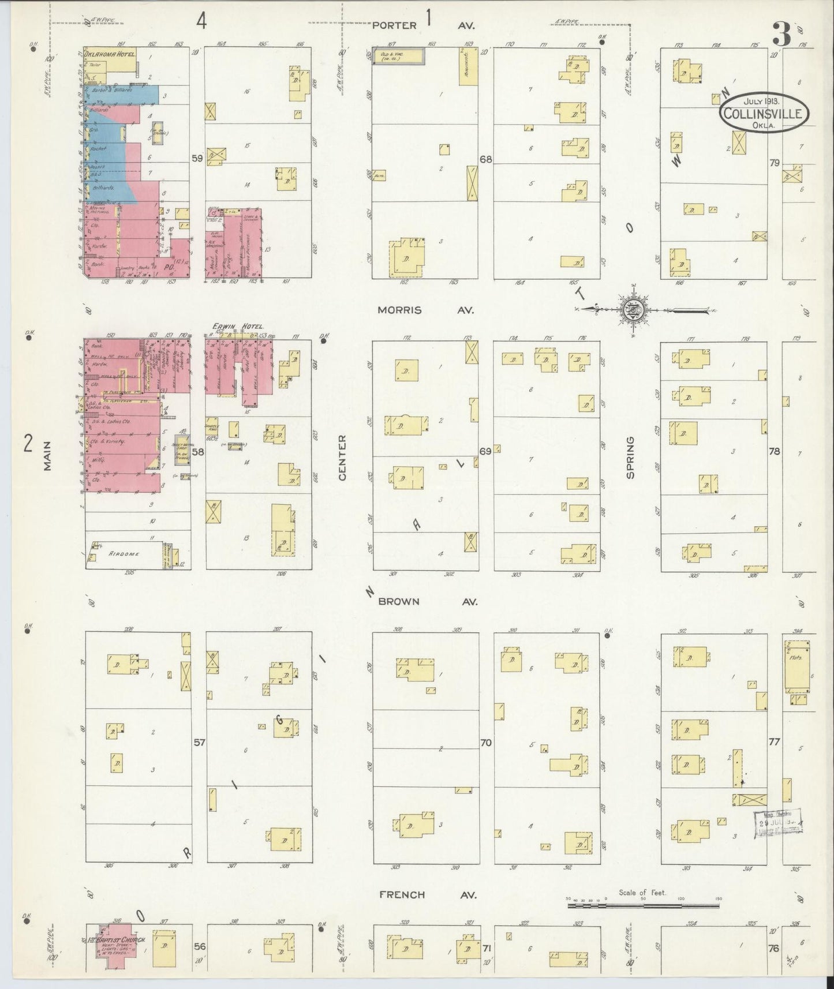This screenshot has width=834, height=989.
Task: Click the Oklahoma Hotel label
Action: pyautogui.click(x=110, y=54)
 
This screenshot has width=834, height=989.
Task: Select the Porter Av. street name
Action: pyautogui.click(x=425, y=25)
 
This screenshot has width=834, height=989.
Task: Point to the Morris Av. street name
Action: pyautogui.click(x=425, y=310)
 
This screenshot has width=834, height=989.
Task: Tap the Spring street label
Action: pyautogui.click(x=630, y=457)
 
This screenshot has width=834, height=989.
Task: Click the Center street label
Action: pyautogui.click(x=341, y=458)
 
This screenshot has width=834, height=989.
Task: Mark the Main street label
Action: pyautogui.click(x=47, y=456)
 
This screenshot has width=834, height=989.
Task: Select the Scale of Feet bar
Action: pyautogui.click(x=644, y=906)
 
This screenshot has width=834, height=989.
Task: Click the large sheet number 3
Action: pyautogui.click(x=782, y=36)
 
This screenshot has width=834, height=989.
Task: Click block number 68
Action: pyautogui.click(x=485, y=159)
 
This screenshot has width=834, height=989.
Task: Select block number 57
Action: pyautogui.click(x=199, y=743)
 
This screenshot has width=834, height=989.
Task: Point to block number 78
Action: pyautogui.click(x=774, y=451)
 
